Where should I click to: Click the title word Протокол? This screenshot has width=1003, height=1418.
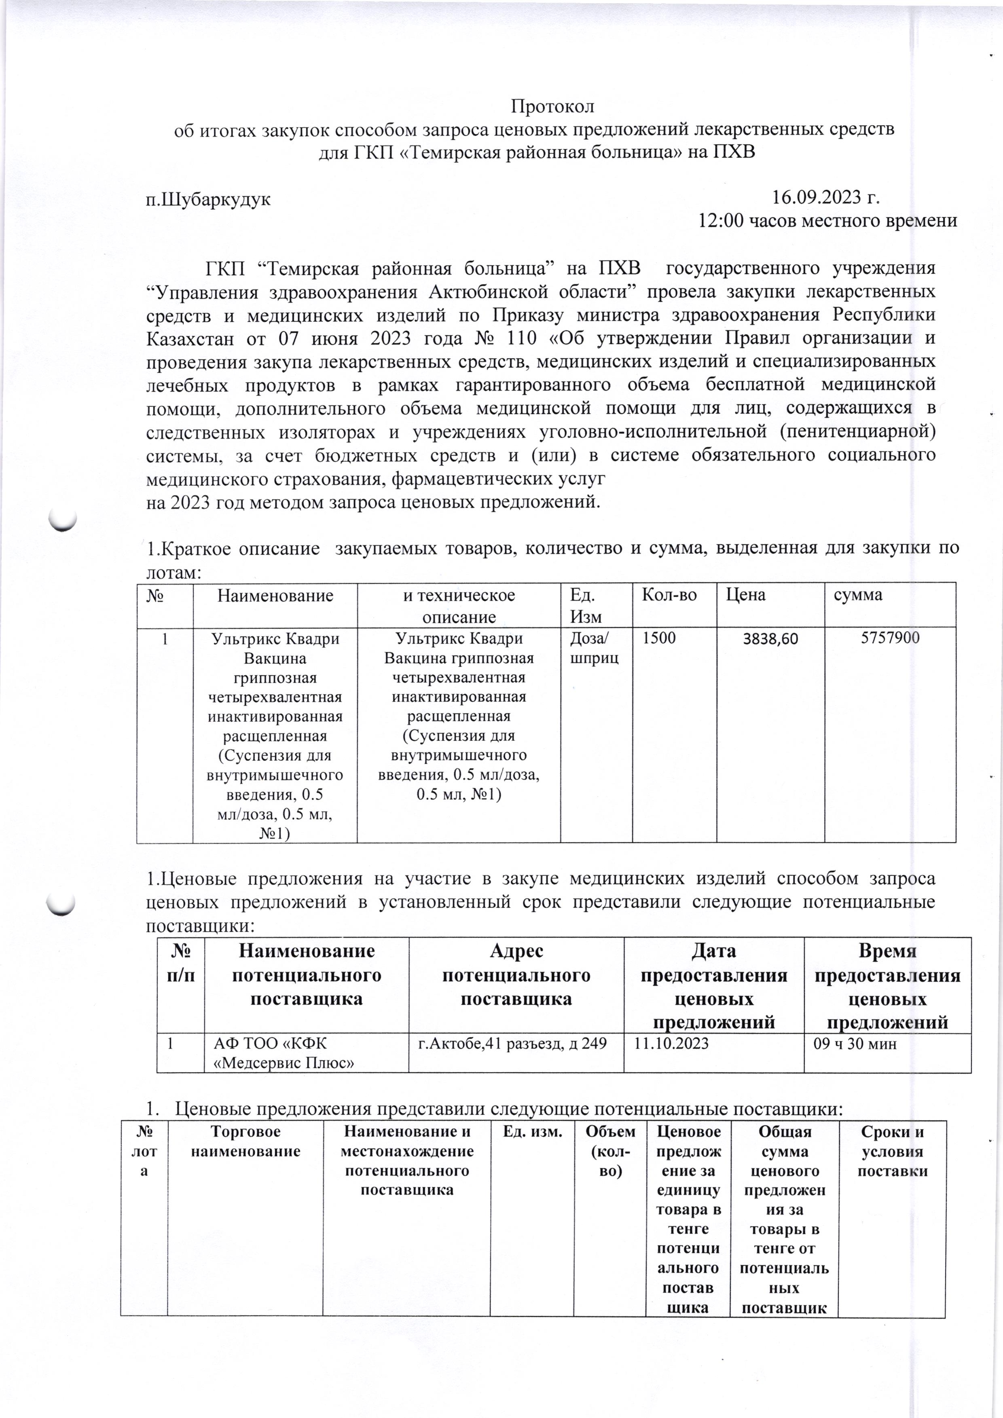pyautogui.click(x=553, y=106)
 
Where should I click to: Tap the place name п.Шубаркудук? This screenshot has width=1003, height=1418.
pyautogui.click(x=208, y=199)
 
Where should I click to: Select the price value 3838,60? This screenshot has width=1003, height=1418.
pyautogui.click(x=770, y=638)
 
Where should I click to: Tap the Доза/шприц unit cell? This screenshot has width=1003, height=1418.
pyautogui.click(x=594, y=648)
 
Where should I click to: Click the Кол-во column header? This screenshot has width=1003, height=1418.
pyautogui.click(x=669, y=595)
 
